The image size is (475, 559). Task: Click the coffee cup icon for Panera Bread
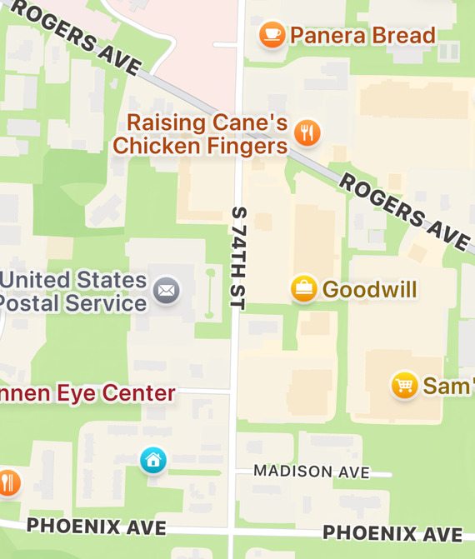(x=272, y=35)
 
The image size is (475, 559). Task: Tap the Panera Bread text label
(x=362, y=35)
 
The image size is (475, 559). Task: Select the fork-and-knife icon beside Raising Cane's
(x=308, y=132)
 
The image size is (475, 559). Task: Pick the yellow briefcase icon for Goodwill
(x=303, y=289)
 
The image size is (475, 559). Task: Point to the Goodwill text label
(x=369, y=289)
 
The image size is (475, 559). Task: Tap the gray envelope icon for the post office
(x=167, y=291)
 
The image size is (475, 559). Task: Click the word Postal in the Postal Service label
(x=34, y=303)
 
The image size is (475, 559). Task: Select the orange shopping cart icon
(x=405, y=385)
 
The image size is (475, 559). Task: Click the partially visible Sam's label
(x=448, y=386)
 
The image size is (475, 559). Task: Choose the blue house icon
(x=152, y=459)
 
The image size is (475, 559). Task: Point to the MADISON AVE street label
(x=311, y=472)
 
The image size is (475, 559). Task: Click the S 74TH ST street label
(x=237, y=259)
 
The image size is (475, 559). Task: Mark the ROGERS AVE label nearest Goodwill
(x=403, y=211)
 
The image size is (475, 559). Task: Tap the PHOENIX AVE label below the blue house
(x=96, y=527)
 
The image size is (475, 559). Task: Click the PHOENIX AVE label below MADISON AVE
(x=392, y=532)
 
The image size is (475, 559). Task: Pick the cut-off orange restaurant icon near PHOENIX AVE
(x=7, y=482)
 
